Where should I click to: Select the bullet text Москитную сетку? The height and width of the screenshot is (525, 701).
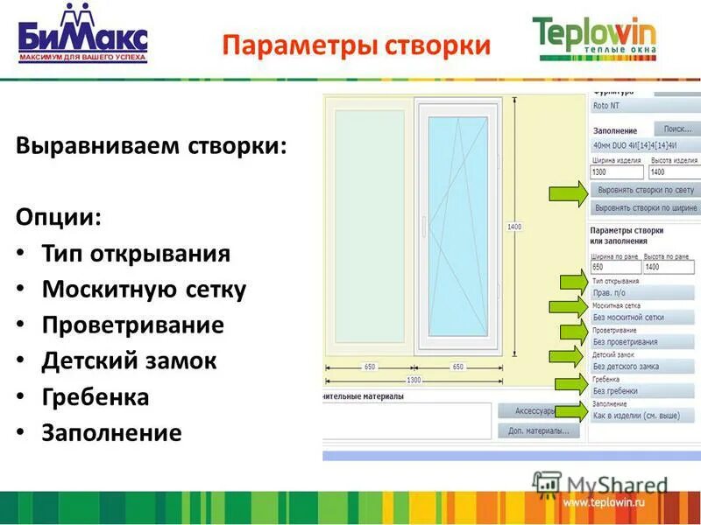144,290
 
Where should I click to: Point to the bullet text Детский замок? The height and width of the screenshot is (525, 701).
129,360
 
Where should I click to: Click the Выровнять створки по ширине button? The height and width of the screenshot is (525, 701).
645,208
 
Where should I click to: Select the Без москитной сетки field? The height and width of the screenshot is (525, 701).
642,318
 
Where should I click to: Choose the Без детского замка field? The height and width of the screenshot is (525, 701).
642,367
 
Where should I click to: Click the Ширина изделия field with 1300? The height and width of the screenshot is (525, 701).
616,172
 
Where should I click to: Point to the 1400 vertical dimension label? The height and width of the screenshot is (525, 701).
514,227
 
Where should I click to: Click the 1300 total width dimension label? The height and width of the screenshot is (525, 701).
414,381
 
